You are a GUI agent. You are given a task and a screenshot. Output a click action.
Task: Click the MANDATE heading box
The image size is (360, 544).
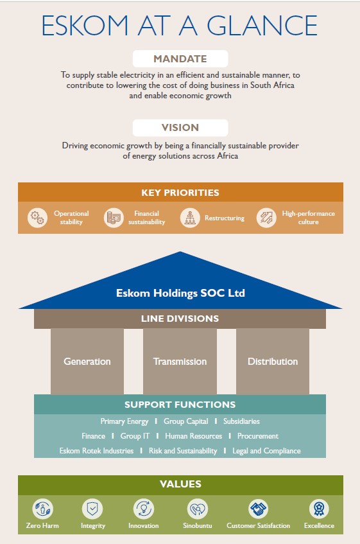[180, 58]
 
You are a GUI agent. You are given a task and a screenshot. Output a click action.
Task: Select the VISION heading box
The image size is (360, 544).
[180, 128]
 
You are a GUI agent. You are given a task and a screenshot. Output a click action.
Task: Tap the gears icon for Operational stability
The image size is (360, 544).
[37, 218]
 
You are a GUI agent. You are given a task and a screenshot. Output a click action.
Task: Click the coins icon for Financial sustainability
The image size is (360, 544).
[114, 218]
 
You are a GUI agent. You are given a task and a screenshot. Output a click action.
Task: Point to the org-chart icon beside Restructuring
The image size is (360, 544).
[190, 218]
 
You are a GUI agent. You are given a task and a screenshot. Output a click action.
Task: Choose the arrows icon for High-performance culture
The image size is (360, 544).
[266, 218]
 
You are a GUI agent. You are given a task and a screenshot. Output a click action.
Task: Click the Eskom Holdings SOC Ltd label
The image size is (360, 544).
[180, 293]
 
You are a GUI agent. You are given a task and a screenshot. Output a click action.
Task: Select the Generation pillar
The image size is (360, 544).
[87, 361]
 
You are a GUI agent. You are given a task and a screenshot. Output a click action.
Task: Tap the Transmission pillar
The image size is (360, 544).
[180, 361]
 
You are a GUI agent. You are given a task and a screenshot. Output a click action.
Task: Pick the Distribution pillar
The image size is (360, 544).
[273, 361]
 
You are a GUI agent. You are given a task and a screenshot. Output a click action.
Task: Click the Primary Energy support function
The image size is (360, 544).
[124, 421]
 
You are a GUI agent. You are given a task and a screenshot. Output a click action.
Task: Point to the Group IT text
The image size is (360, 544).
[135, 436]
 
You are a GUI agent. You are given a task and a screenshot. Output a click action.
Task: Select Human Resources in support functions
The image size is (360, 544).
[193, 436]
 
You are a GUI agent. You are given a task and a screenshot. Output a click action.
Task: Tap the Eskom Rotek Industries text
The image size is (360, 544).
[96, 451]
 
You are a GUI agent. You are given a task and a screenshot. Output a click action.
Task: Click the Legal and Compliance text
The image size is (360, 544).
[266, 451]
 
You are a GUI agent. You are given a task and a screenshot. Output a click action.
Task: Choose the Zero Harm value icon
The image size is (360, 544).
[42, 509]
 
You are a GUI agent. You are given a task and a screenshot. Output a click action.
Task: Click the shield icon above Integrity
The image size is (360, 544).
[92, 509]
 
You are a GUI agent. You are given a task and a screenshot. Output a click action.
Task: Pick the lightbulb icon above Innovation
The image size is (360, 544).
[144, 509]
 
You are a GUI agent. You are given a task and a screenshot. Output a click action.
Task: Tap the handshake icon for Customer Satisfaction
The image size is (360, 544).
[259, 509]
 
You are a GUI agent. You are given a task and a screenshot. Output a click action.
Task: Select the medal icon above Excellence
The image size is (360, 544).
[319, 509]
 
